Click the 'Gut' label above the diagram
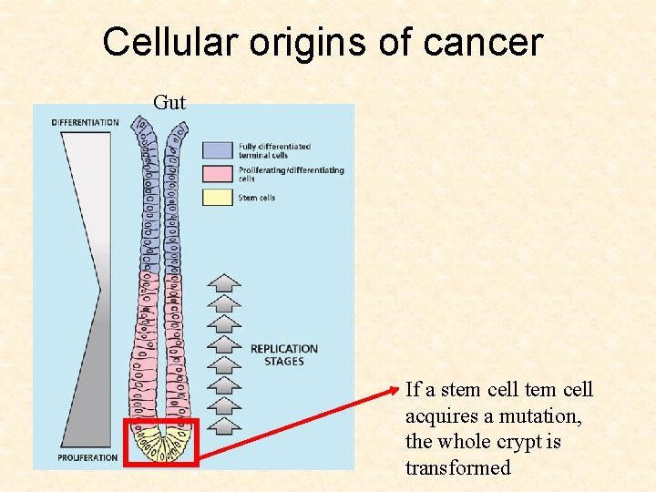169,103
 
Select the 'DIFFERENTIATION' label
85,122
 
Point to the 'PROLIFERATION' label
87,456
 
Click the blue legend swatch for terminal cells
218,150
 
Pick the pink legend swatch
218,174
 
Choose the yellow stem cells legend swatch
218,197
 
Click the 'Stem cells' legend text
257,198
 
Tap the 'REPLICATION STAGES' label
283,354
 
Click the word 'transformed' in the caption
458,468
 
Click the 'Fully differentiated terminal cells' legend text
274,150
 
